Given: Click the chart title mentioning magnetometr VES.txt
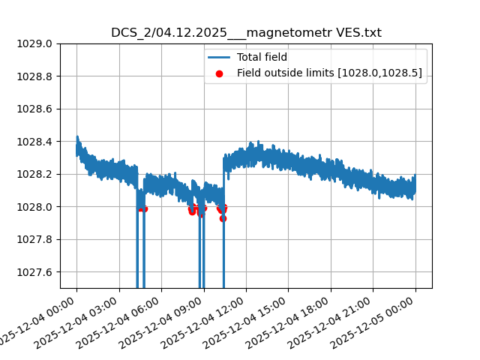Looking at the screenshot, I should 246,33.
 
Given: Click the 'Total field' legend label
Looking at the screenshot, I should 262,57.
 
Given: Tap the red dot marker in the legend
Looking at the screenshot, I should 219,73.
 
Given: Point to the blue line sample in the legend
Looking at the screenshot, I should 219,57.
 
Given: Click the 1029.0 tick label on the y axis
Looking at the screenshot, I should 35,43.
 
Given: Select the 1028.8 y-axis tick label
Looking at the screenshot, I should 35,76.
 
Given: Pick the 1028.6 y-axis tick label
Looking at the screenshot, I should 35,109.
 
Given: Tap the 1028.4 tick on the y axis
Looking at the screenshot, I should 35,142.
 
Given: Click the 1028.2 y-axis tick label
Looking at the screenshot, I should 35,174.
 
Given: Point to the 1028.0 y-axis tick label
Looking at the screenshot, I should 35,207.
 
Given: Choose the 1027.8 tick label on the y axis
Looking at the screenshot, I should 35,239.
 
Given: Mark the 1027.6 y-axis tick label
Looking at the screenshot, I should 35,272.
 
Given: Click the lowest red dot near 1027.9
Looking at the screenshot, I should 223,218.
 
